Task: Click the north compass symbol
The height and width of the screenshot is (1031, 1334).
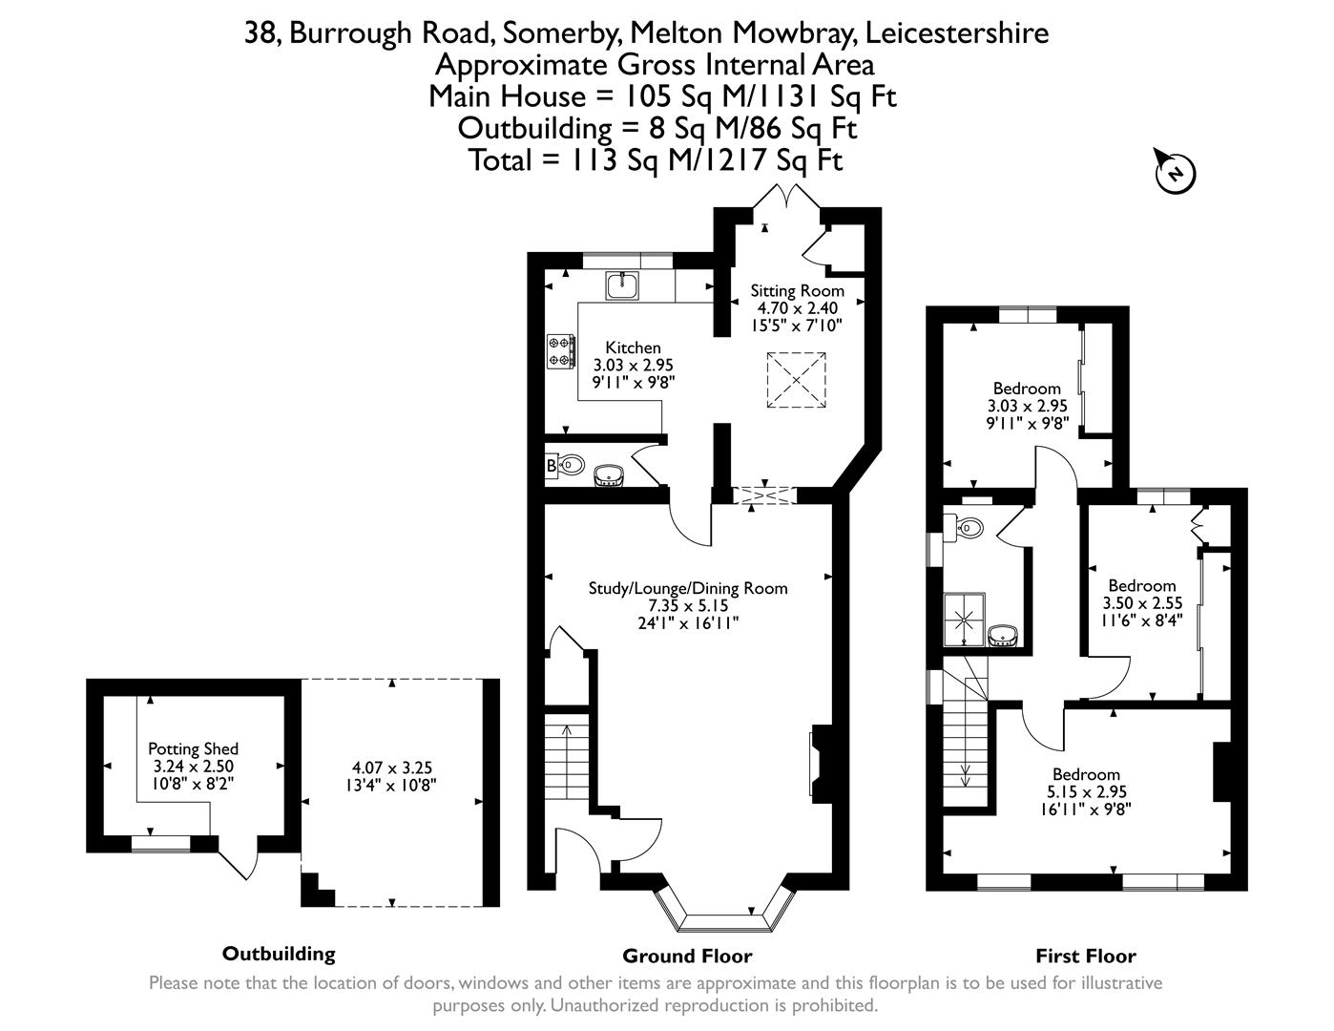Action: pos(1176,173)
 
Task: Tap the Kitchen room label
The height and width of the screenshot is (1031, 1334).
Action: pos(633,348)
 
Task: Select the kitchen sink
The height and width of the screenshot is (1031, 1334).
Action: pos(622,284)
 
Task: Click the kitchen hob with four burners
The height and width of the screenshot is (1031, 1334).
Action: pos(560,350)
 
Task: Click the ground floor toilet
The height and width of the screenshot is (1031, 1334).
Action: pos(572,465)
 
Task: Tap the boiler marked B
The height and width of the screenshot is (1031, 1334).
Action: pos(551,466)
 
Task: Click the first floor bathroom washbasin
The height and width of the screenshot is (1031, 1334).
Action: pos(1003,637)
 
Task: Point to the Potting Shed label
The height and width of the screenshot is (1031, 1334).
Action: pos(193,749)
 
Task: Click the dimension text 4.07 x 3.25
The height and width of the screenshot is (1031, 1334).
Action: pos(392,768)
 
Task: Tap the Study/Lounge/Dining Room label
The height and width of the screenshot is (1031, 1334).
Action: pos(688,588)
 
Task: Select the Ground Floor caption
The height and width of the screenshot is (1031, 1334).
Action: pos(687,956)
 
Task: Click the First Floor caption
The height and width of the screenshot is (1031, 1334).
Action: pos(1086,956)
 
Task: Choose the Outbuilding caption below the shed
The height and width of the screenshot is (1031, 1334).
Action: pos(279,953)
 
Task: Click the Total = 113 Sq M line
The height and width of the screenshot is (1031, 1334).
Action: pos(655,159)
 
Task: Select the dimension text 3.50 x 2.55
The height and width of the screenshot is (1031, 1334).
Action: pos(1142,603)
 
